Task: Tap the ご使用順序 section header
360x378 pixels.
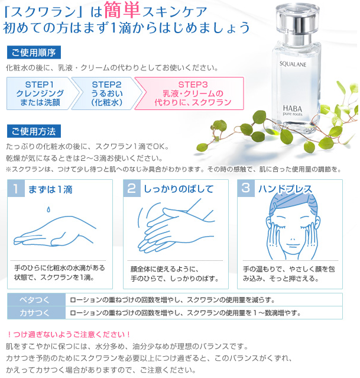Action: point(33,52)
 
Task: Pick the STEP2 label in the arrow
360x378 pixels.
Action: point(106,85)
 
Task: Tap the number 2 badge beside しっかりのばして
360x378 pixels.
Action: point(131,189)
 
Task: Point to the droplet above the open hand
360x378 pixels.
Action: point(49,209)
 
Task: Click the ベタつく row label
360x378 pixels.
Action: point(35,299)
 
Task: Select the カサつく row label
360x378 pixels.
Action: point(35,312)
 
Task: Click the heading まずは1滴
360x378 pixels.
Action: point(50,189)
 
